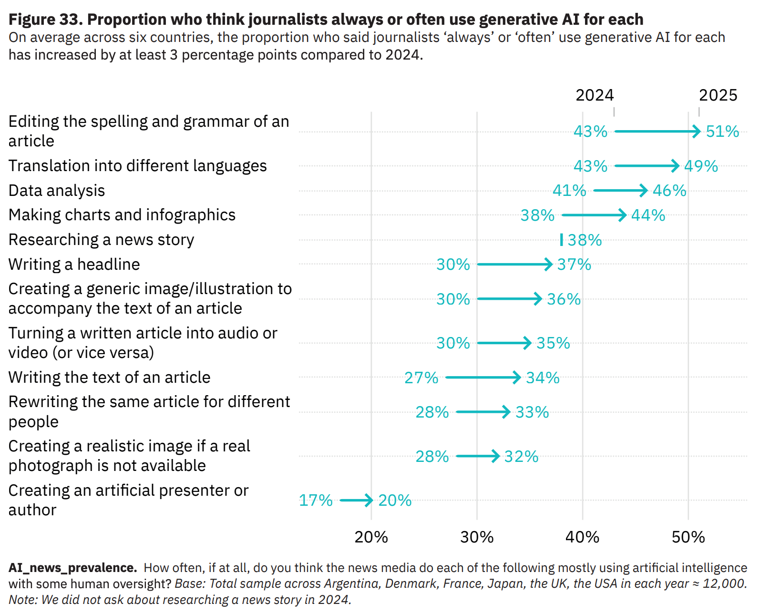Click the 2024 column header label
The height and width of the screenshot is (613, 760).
[x=595, y=95]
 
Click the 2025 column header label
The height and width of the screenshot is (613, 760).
[x=718, y=95]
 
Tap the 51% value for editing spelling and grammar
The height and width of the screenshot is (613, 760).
[x=722, y=132]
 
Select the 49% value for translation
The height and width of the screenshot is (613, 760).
[x=701, y=166]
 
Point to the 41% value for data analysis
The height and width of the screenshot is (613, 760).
[x=569, y=191]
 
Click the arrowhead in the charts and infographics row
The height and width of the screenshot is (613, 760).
[x=623, y=215]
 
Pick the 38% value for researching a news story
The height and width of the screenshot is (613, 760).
[x=585, y=240]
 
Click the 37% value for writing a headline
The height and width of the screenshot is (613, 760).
[x=574, y=265]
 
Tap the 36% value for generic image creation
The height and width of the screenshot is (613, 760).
[x=564, y=299]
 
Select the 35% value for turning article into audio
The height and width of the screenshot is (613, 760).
[x=553, y=343]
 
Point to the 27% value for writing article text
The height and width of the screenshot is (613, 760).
[x=421, y=378]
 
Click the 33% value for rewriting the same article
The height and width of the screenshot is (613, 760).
[x=532, y=412]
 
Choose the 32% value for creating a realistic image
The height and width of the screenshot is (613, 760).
[x=521, y=457]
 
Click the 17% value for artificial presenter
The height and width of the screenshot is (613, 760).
[x=316, y=501]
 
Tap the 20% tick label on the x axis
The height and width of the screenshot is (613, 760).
[x=371, y=537]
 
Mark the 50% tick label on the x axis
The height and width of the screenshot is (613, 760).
[x=688, y=537]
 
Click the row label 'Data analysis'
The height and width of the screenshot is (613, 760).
[x=57, y=191]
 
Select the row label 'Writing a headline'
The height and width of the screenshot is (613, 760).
[x=74, y=265]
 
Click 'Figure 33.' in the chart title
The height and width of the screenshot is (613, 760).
[x=46, y=20]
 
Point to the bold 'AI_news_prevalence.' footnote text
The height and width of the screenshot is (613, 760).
[x=72, y=568]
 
